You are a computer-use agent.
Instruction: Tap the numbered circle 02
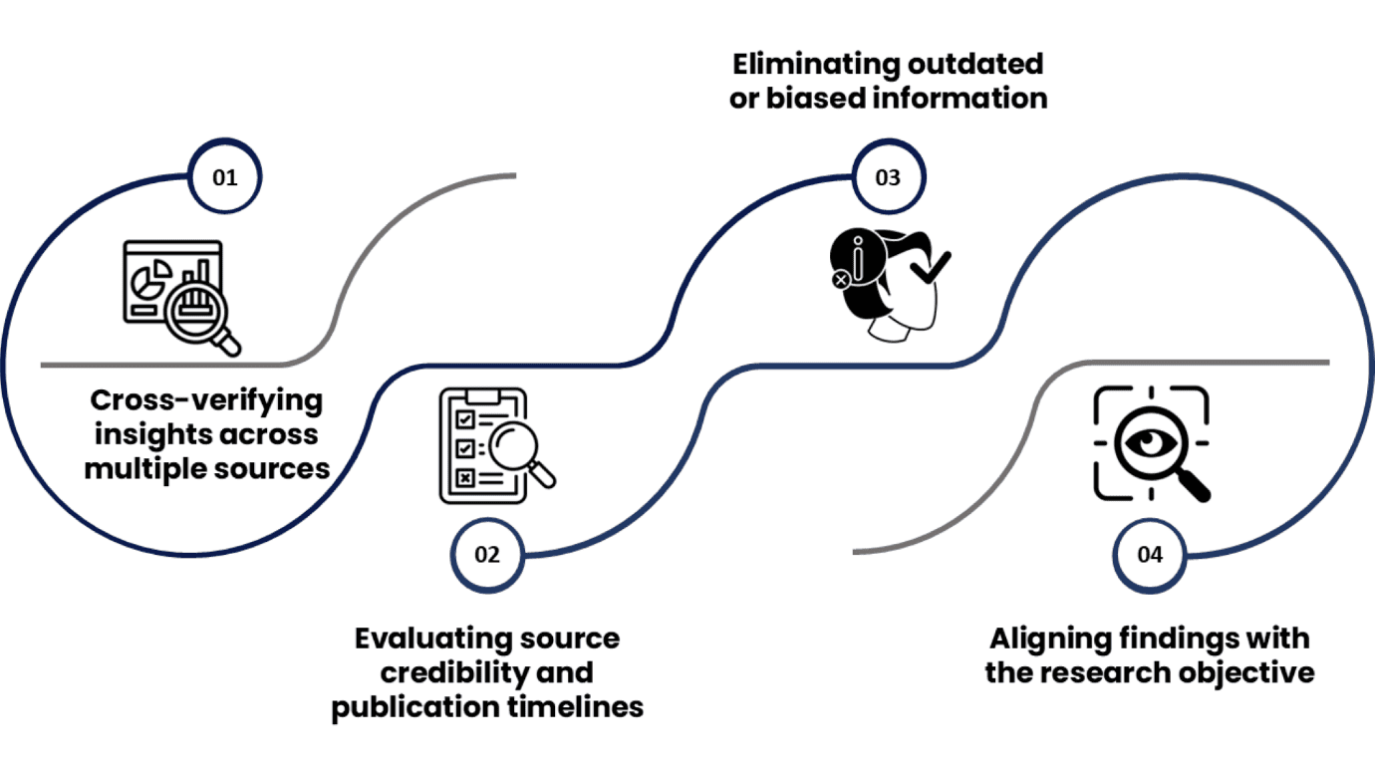tap(486, 555)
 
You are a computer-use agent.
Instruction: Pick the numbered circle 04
tap(1150, 555)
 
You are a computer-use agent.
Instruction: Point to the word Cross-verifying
tap(206, 400)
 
